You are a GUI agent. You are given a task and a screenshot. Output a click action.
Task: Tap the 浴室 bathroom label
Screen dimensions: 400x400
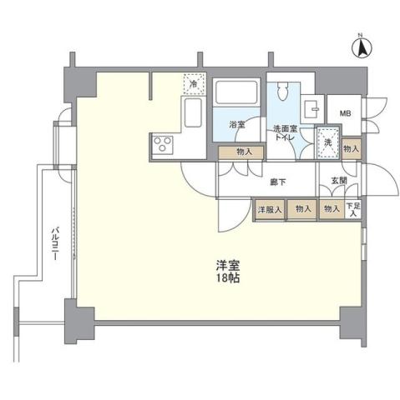click(x=237, y=125)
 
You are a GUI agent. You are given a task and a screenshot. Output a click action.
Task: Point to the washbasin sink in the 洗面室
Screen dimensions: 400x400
click(x=312, y=107)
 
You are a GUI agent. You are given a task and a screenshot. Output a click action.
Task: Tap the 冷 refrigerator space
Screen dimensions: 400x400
click(x=193, y=83)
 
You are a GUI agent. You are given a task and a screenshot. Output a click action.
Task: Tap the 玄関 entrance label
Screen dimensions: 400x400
click(x=338, y=180)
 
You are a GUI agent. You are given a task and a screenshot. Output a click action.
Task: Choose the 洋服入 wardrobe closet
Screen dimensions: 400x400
click(x=269, y=209)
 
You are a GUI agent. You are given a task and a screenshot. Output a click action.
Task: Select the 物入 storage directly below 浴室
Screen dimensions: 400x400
click(x=241, y=152)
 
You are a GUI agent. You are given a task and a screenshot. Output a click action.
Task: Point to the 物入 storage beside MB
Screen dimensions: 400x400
click(x=352, y=147)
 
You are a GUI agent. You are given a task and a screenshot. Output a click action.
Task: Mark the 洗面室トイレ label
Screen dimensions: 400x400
click(x=286, y=133)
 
